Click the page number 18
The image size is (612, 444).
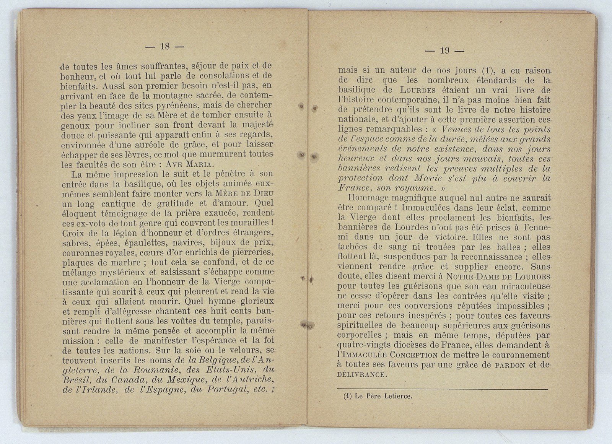[x=165, y=46]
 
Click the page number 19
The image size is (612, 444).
[x=444, y=50]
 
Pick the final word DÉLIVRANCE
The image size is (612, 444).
[x=361, y=374]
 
